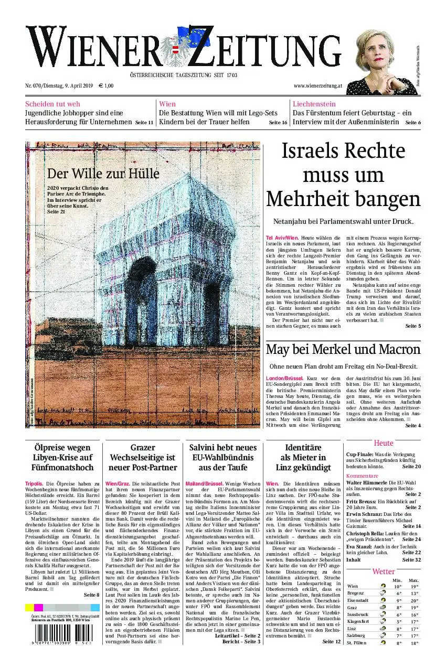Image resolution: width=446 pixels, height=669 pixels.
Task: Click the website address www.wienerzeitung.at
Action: (318, 85)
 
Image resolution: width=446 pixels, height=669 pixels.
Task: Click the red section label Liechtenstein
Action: (314, 104)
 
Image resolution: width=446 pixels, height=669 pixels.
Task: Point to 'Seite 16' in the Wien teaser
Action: (278, 123)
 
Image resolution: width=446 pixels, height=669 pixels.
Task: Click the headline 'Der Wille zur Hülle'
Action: (103, 174)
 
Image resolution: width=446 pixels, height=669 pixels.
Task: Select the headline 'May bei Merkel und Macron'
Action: (343, 350)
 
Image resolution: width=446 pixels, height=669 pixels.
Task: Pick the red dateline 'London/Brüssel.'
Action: (284, 378)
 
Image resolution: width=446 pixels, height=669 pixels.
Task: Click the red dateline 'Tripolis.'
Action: (34, 483)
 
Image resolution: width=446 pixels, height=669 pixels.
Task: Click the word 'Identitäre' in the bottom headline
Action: (303, 448)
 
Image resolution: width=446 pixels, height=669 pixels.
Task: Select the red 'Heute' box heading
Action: (383, 443)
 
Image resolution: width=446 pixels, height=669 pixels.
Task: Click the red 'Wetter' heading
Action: (383, 571)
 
